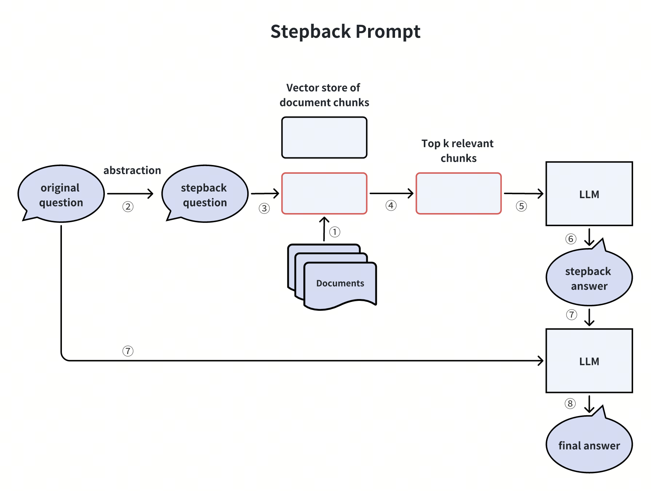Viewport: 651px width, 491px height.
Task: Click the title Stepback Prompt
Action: pyautogui.click(x=345, y=31)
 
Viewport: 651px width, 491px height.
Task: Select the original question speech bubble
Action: pyautogui.click(x=61, y=194)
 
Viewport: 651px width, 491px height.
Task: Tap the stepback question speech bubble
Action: pyautogui.click(x=205, y=194)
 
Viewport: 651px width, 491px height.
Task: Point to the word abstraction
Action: pyautogui.click(x=132, y=170)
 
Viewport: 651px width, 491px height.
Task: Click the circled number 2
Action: pyautogui.click(x=128, y=207)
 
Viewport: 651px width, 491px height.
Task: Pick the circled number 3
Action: pyautogui.click(x=264, y=208)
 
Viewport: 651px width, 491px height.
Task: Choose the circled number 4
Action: pyautogui.click(x=391, y=205)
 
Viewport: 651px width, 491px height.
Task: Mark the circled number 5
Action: pyautogui.click(x=521, y=206)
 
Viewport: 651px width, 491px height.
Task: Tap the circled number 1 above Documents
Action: pyautogui.click(x=335, y=232)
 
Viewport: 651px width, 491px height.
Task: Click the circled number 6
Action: pyautogui.click(x=571, y=239)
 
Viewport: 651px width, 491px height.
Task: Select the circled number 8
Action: pyautogui.click(x=570, y=404)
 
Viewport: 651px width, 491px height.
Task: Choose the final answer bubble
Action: pyautogui.click(x=589, y=445)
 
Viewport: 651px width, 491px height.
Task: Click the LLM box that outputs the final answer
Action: pyautogui.click(x=589, y=361)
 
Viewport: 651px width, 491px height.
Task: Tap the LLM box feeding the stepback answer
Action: pyautogui.click(x=589, y=194)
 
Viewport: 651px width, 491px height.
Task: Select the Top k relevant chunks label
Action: pyautogui.click(x=458, y=151)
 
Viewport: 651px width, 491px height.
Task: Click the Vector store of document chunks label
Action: pyautogui.click(x=324, y=95)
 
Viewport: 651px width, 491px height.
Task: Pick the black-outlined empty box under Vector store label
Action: pyautogui.click(x=324, y=138)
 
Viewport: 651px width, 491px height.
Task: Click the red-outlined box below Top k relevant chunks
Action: pyautogui.click(x=459, y=193)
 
